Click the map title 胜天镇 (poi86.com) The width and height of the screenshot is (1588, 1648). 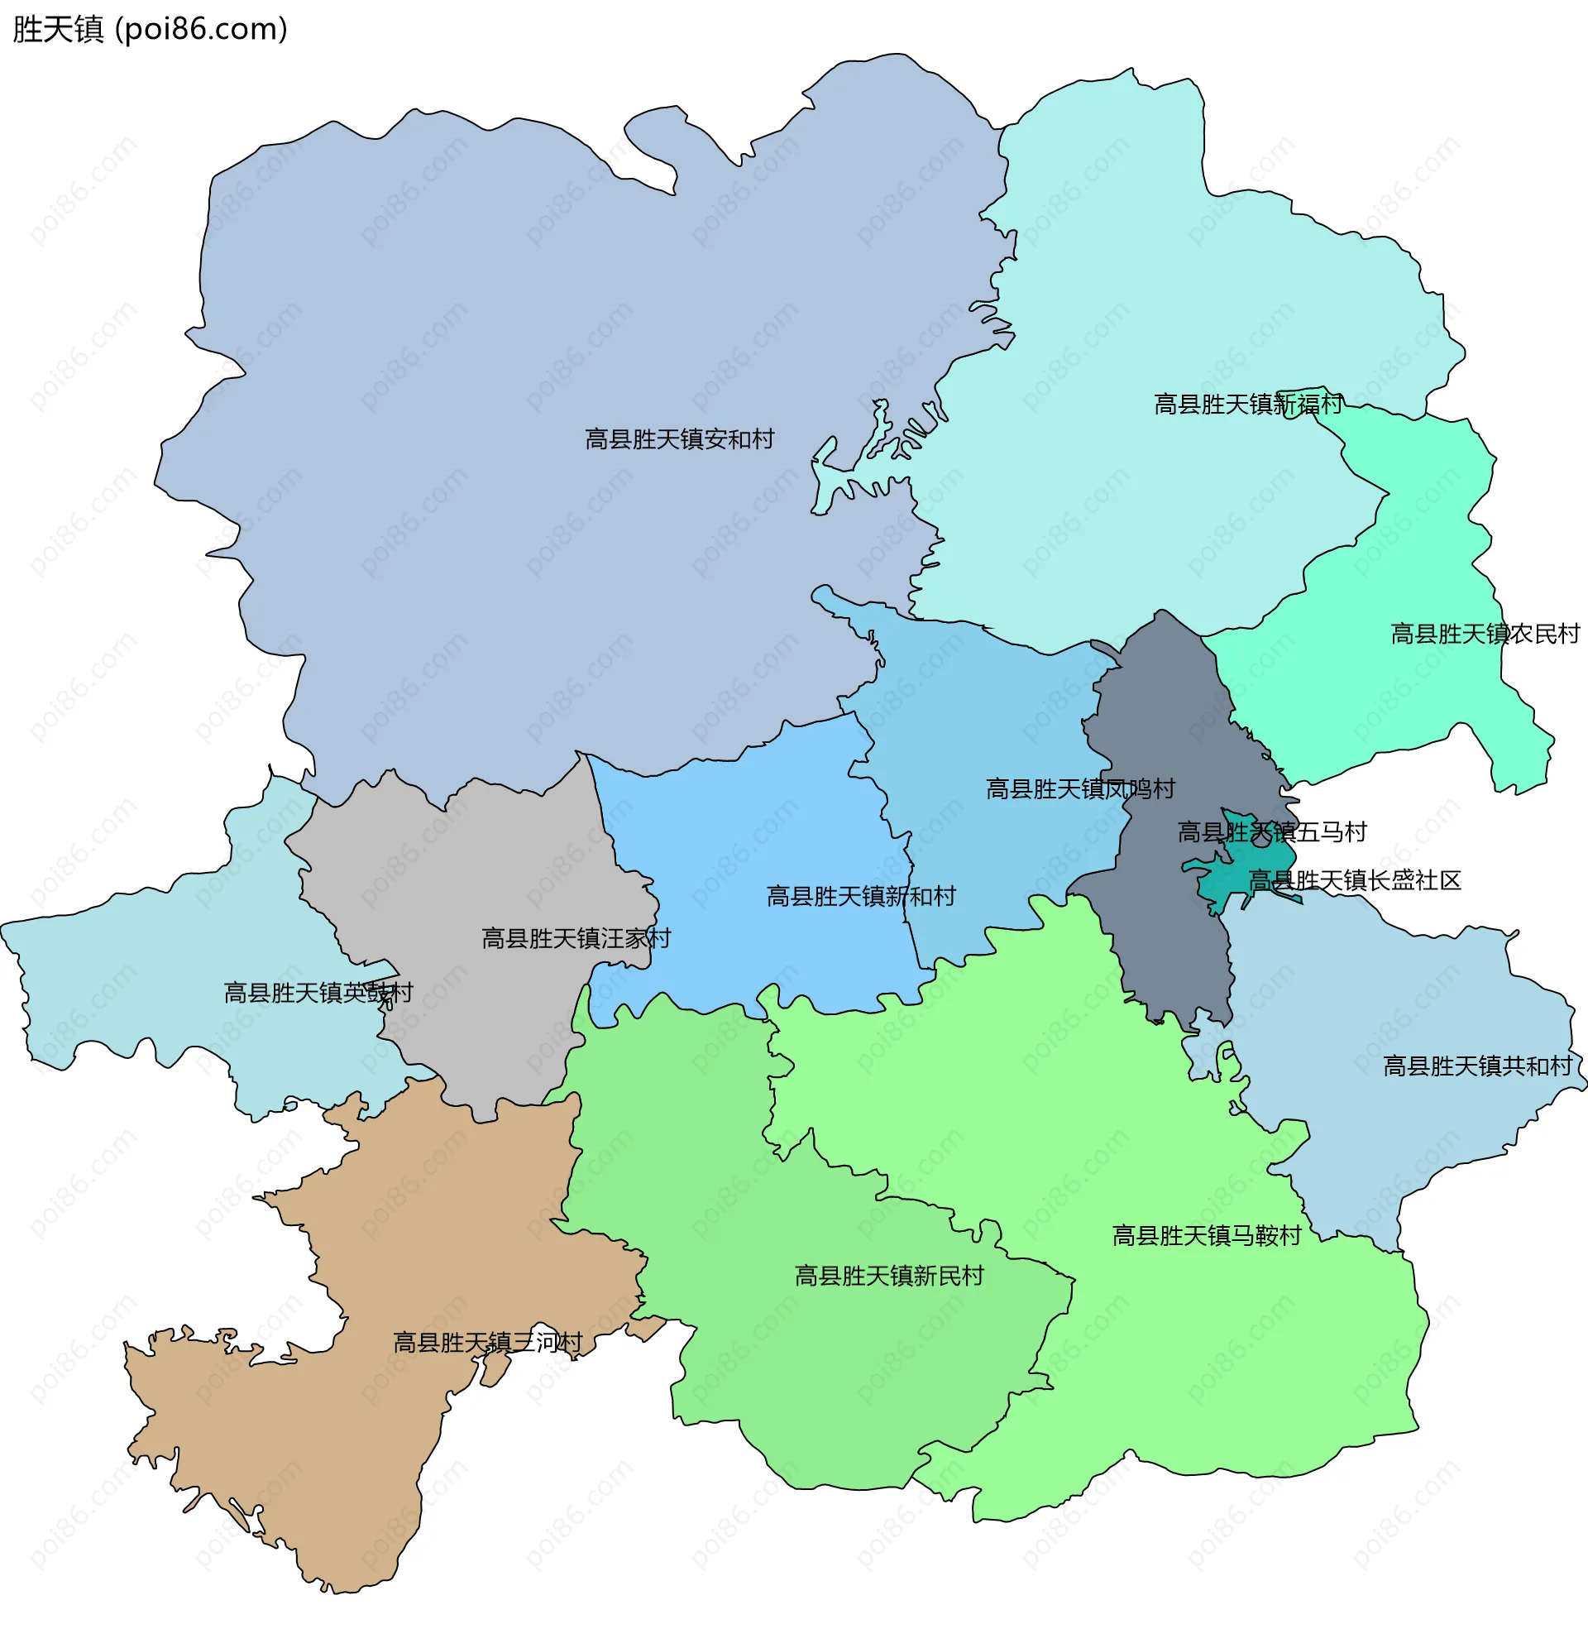150,30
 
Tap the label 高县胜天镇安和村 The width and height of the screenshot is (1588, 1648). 679,439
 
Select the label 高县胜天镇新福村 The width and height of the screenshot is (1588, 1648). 1247,405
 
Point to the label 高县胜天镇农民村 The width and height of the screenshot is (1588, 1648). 1485,634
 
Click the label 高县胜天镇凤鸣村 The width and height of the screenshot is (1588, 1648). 1079,788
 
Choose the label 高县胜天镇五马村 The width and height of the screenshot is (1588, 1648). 1271,832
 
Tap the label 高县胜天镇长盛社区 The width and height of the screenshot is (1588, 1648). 1354,880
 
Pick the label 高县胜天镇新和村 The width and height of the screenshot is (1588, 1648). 861,896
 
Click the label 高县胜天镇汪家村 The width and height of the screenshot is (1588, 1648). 576,938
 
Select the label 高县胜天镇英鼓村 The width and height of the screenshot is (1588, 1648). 318,993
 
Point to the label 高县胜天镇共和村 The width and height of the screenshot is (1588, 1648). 1477,1066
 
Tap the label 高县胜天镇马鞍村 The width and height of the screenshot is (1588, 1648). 1207,1235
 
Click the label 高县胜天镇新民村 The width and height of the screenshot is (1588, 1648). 888,1276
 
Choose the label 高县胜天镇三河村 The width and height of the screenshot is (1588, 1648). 488,1342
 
